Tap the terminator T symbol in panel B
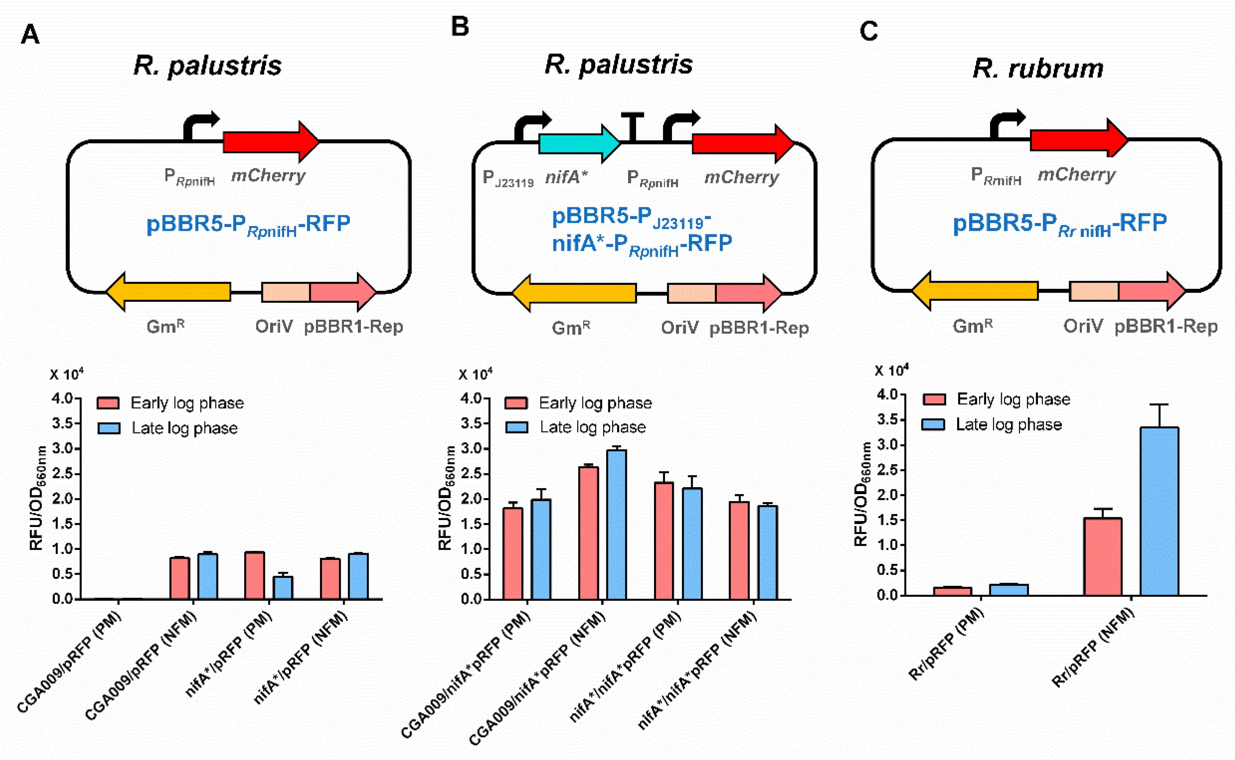(632, 126)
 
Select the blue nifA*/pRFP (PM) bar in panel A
(283, 588)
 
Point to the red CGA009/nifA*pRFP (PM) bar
(513, 553)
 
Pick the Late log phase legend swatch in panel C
(933, 425)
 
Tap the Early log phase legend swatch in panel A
(108, 403)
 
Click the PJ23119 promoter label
(507, 179)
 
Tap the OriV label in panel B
(679, 328)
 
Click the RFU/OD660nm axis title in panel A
(38, 498)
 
